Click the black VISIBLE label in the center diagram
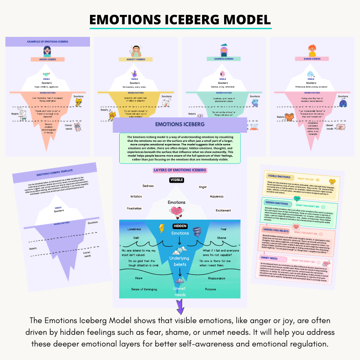[176, 180]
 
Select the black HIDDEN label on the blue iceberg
[180, 225]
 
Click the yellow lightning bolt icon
[162, 228]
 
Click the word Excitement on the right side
[223, 210]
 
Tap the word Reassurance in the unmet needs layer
[216, 279]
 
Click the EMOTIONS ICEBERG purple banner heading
[180, 124]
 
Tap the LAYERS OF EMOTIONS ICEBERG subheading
[180, 170]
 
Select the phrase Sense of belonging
[144, 289]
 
